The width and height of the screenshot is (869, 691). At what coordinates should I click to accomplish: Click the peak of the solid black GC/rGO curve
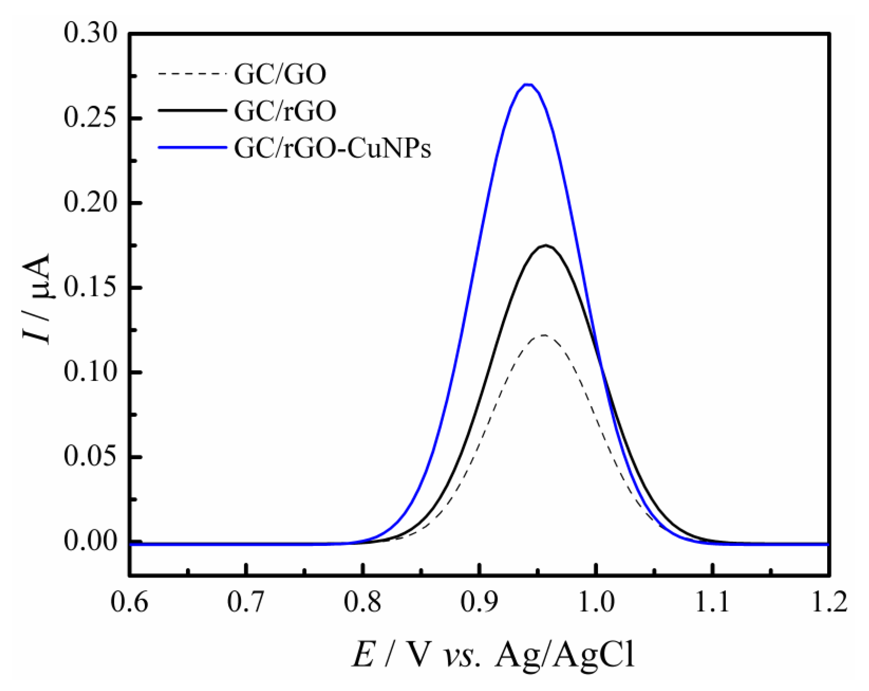547,245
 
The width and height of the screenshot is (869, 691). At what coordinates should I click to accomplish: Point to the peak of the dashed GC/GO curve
544,335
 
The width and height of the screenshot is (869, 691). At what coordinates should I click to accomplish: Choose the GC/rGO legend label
285,111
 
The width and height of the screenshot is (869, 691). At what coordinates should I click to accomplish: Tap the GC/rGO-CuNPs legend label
333,148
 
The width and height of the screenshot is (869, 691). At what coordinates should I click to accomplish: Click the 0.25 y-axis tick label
90,119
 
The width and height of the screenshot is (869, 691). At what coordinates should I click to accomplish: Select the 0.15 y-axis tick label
90,288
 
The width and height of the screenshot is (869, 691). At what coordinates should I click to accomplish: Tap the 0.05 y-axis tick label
90,457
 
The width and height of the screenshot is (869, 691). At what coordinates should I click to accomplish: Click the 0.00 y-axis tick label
90,542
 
